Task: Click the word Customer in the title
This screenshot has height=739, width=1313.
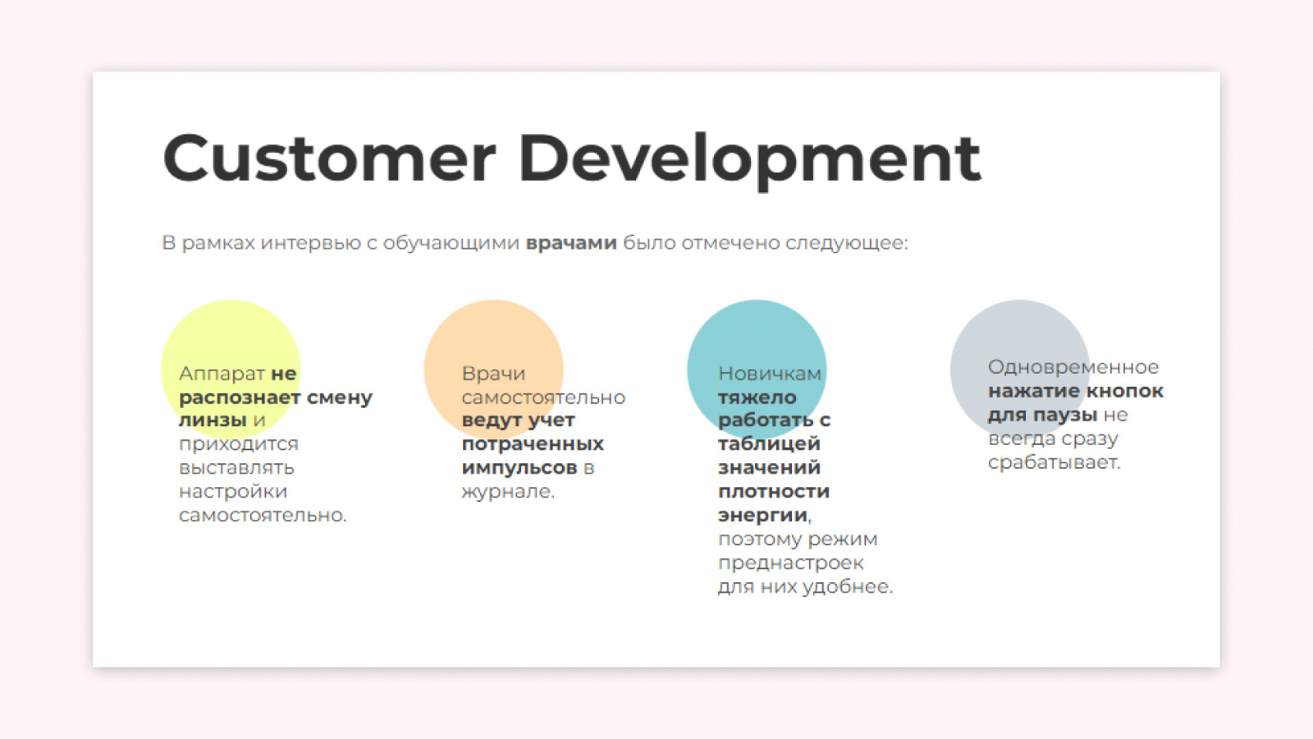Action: pyautogui.click(x=329, y=158)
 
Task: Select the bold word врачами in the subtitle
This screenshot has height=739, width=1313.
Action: pyautogui.click(x=571, y=242)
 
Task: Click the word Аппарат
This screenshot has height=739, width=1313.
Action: pyautogui.click(x=222, y=374)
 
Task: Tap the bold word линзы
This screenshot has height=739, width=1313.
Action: pyautogui.click(x=213, y=420)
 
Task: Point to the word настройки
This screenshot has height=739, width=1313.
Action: pyautogui.click(x=233, y=492)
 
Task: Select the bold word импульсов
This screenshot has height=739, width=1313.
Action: pyautogui.click(x=519, y=468)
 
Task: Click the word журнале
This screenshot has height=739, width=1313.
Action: pyautogui.click(x=508, y=492)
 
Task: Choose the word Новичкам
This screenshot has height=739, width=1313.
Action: pyautogui.click(x=770, y=374)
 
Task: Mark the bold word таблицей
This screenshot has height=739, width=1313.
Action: pyautogui.click(x=769, y=444)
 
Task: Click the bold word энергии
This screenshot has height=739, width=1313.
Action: pyautogui.click(x=763, y=516)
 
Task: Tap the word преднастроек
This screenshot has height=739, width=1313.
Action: pyautogui.click(x=791, y=563)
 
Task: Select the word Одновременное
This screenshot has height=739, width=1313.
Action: pyautogui.click(x=1073, y=367)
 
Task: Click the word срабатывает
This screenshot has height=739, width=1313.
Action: pyautogui.click(x=1054, y=463)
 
